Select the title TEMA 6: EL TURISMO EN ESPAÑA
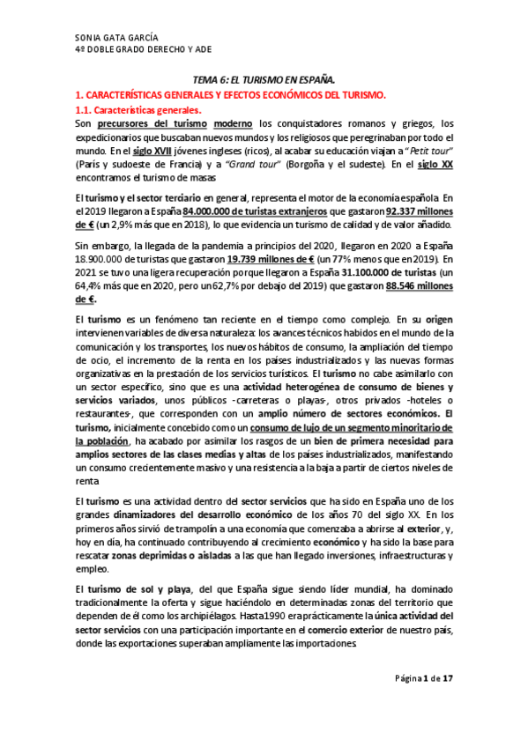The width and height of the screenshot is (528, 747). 264,79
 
